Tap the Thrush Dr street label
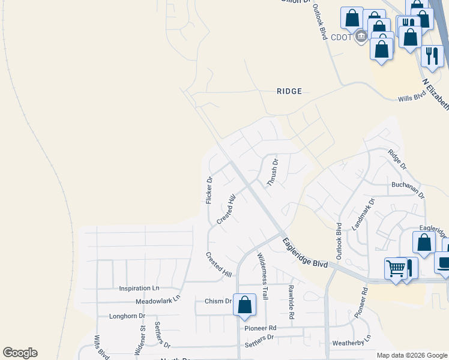coord(273,172)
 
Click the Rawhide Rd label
coord(291,302)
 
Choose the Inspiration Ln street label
coord(139,289)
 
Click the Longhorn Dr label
coord(127,316)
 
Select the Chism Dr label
coord(218,301)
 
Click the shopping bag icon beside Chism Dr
coord(244,304)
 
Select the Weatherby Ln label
coord(352,342)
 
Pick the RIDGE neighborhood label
coord(289,91)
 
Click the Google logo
coord(20,353)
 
